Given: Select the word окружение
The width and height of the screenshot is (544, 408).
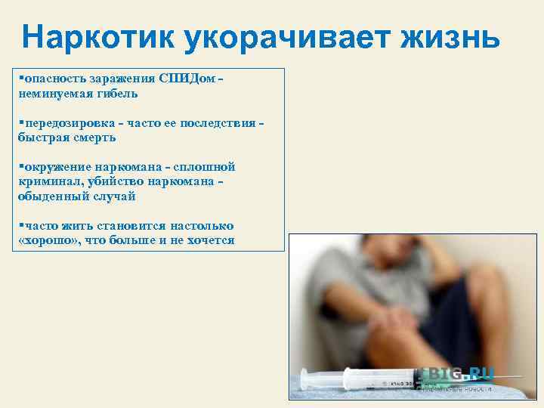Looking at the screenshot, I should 57,167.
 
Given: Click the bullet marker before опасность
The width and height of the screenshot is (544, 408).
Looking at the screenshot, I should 20,79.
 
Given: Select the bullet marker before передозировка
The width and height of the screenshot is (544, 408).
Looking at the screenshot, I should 20,123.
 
